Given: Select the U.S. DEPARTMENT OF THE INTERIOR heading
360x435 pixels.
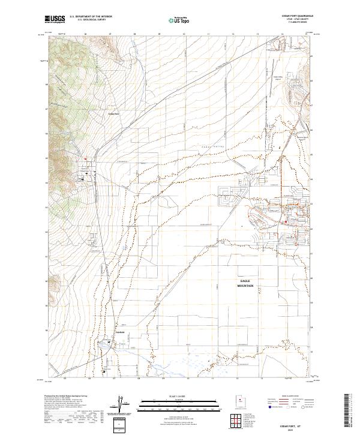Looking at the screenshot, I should (91, 17).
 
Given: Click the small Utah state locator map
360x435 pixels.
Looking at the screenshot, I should (235, 404).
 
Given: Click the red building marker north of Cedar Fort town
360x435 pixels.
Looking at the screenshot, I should (85, 158).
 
